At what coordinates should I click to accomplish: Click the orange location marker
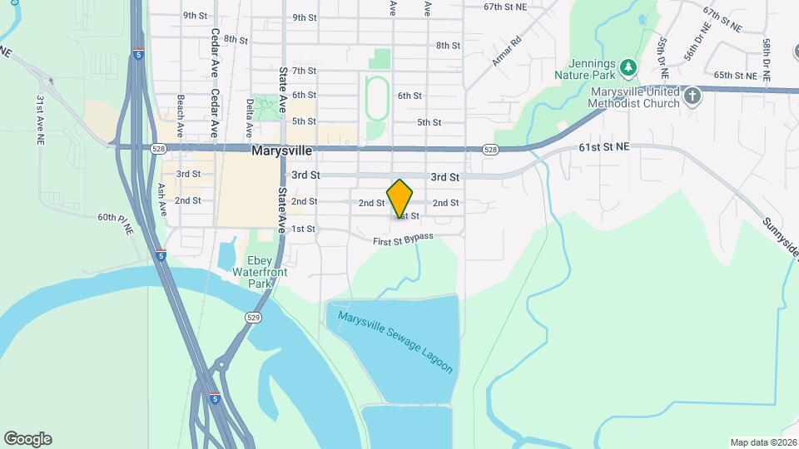(400, 198)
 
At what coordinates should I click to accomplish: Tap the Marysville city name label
(282, 151)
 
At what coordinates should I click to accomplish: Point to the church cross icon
(692, 97)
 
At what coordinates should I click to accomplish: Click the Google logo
(27, 439)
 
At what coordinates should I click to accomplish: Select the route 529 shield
(253, 318)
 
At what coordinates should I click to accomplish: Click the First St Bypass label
(404, 239)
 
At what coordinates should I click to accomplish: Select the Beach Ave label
(181, 114)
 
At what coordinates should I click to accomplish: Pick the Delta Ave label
(250, 118)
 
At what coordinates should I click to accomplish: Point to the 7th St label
(305, 71)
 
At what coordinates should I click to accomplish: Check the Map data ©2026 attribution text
(762, 442)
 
